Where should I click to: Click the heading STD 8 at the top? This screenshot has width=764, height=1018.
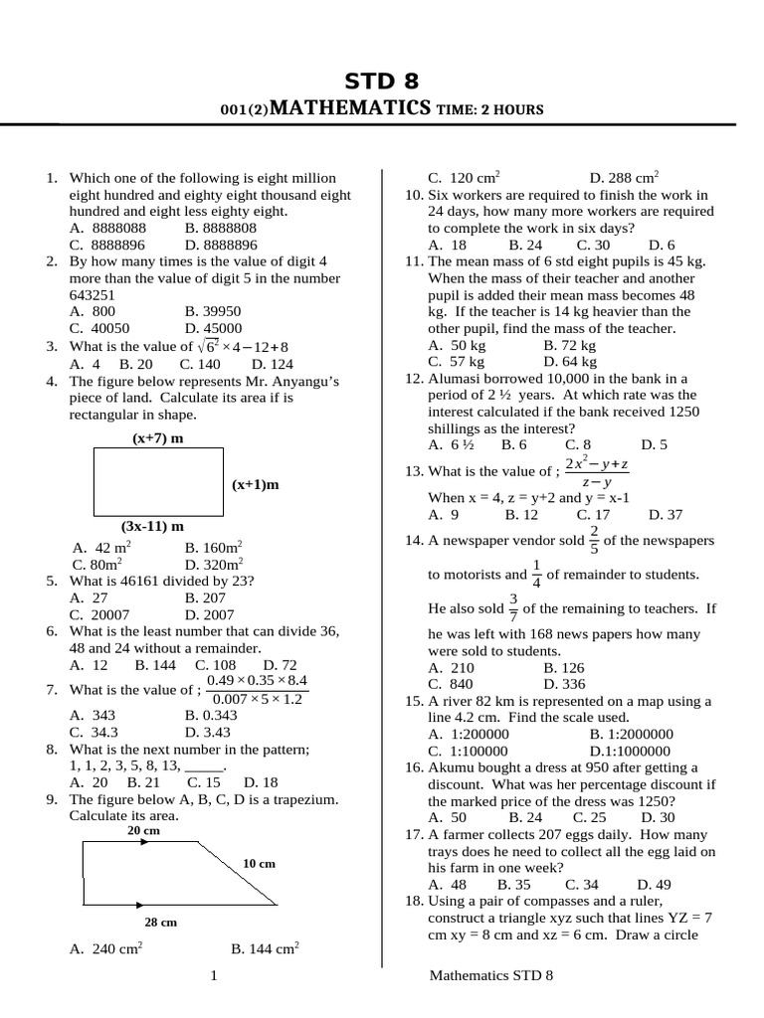[x=381, y=81]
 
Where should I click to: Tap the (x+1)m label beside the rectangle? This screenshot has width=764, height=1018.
[x=256, y=484]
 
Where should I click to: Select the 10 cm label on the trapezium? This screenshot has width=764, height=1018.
[x=259, y=863]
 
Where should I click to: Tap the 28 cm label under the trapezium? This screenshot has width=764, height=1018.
[x=160, y=922]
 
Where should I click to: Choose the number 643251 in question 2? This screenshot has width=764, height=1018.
[x=93, y=295]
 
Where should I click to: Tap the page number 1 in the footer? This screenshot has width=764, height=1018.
[x=214, y=976]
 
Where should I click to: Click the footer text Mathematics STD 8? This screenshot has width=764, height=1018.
[x=490, y=976]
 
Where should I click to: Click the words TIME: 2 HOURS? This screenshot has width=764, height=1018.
[x=490, y=109]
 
